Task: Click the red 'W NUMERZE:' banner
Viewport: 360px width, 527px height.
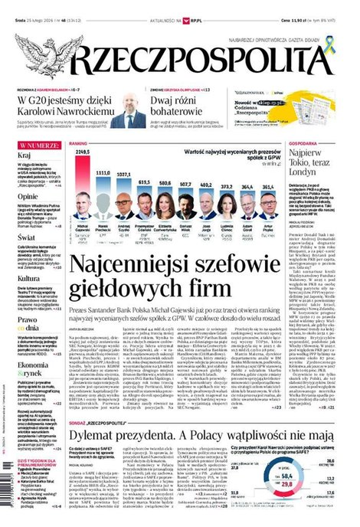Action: tap(38, 144)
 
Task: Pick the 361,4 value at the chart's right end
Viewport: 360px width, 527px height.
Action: tap(268, 186)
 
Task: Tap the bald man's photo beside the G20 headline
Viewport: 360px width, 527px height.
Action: tap(128, 112)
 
